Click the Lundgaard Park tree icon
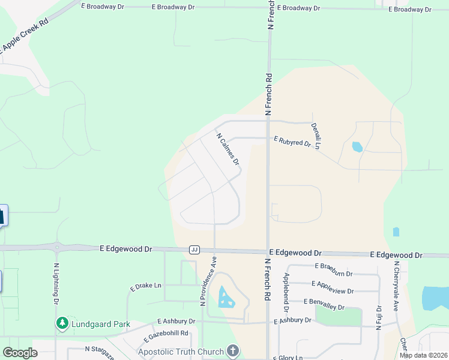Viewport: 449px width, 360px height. [62, 324]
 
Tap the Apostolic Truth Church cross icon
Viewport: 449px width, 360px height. [233, 351]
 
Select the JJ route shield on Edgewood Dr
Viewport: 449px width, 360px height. [194, 249]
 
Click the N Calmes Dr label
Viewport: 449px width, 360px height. [228, 149]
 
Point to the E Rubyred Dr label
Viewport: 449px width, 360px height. [292, 142]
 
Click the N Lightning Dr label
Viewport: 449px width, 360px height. [56, 284]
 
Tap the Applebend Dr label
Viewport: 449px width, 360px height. [286, 293]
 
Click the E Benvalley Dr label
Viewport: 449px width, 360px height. [324, 304]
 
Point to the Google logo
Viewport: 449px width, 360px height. [20, 353]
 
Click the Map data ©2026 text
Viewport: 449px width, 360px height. [423, 355]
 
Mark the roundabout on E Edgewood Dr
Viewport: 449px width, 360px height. [58, 247]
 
